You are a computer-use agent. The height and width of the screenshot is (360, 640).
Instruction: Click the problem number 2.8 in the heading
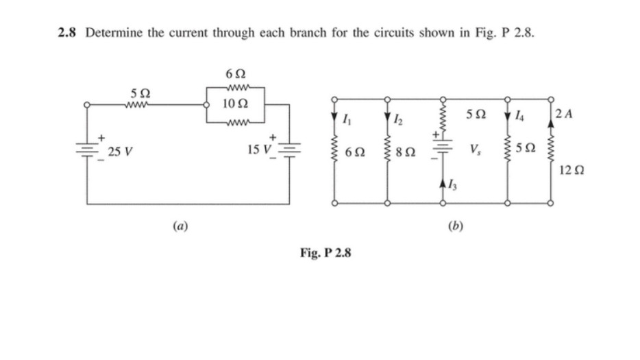coord(68,32)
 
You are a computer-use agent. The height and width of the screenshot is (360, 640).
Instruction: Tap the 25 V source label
coord(121,152)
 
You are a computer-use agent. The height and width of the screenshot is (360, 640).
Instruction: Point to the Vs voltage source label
coord(473,149)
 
